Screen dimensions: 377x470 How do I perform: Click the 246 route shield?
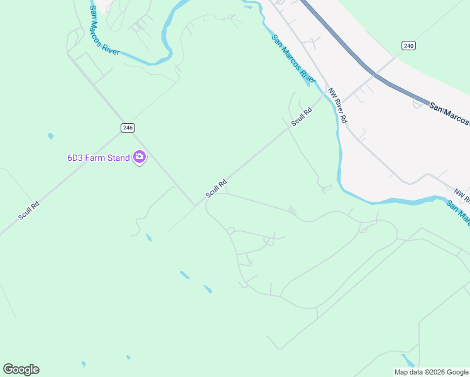click(128, 128)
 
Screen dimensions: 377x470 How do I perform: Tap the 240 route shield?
click(408, 46)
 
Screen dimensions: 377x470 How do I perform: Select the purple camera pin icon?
click(139, 158)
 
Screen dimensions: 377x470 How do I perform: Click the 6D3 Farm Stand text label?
click(99, 158)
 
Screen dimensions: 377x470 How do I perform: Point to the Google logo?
click(21, 369)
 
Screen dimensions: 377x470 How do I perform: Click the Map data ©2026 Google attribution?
click(432, 372)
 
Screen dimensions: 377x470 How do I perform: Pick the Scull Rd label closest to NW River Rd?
click(302, 117)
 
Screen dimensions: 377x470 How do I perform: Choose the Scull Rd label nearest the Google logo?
click(29, 209)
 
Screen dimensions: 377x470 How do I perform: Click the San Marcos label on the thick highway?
click(449, 114)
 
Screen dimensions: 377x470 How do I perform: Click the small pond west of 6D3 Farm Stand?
click(50, 136)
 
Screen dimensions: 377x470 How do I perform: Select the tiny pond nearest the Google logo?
click(83, 363)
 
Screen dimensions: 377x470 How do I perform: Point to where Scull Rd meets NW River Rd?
click(326, 94)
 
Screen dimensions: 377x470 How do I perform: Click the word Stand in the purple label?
click(118, 158)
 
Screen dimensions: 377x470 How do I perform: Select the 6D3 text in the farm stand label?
click(76, 158)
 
